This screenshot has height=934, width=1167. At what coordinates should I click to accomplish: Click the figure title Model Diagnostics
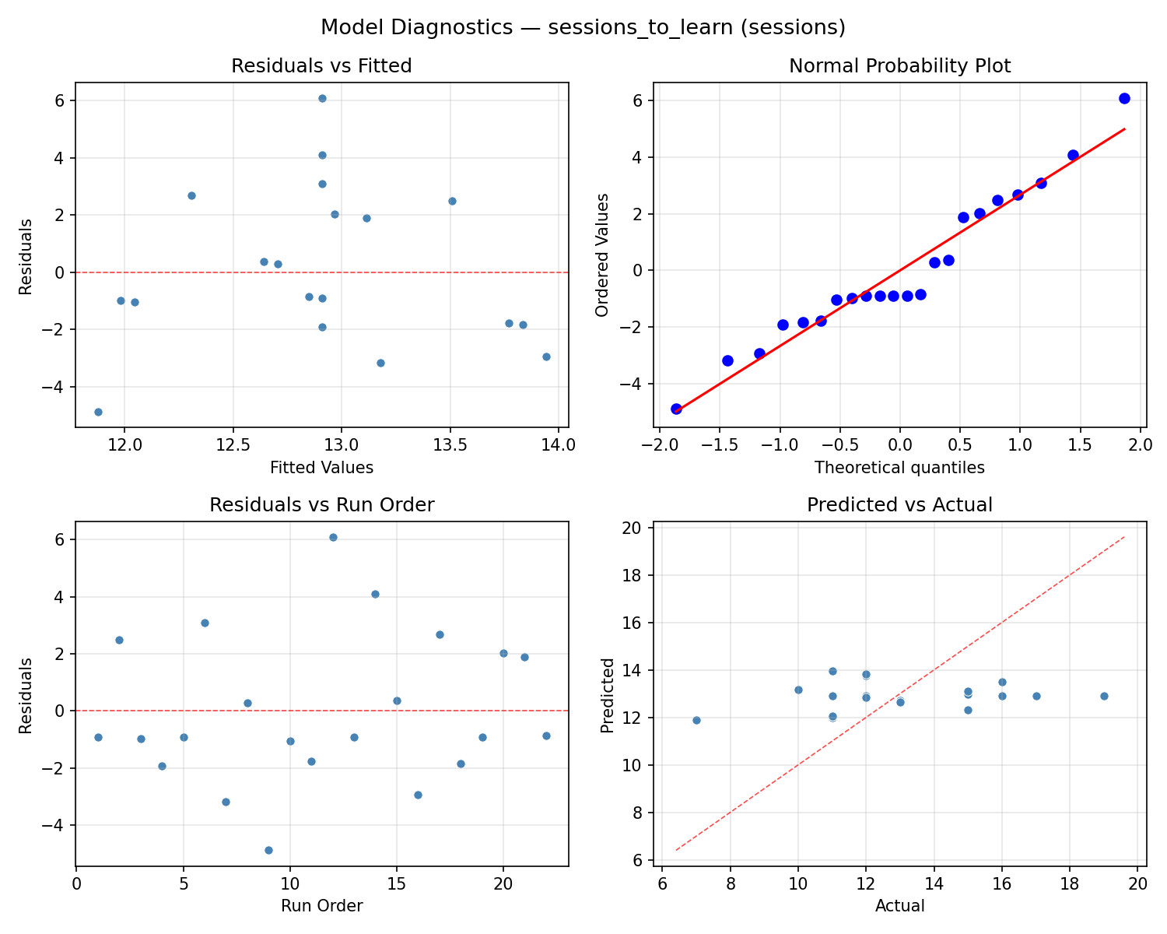tap(583, 27)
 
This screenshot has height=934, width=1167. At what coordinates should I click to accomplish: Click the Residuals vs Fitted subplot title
tap(321, 66)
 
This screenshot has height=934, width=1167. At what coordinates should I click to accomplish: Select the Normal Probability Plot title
tap(899, 66)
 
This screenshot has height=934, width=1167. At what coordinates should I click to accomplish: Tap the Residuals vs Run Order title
tap(321, 505)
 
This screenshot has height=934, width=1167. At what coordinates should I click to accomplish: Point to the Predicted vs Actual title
tap(899, 505)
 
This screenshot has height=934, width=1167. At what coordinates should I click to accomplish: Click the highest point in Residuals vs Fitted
tap(322, 99)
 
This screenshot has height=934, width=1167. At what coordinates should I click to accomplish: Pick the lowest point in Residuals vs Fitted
tap(98, 412)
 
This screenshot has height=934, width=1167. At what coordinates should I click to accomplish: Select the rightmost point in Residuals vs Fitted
tap(546, 356)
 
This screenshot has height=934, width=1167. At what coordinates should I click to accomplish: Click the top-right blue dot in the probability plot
tap(1124, 98)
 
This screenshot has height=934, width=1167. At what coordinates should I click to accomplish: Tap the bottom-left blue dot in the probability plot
tap(676, 409)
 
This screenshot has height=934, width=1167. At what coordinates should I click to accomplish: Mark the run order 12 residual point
tap(333, 537)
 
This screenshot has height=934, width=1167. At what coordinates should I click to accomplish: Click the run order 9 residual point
tap(268, 850)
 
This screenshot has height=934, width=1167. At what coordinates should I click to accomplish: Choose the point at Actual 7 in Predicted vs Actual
tap(696, 720)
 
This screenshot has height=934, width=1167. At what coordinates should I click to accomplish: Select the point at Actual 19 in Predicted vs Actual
tap(1104, 696)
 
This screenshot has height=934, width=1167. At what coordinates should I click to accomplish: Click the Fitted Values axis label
tap(321, 468)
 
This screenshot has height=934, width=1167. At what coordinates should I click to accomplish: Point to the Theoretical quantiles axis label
tap(899, 468)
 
